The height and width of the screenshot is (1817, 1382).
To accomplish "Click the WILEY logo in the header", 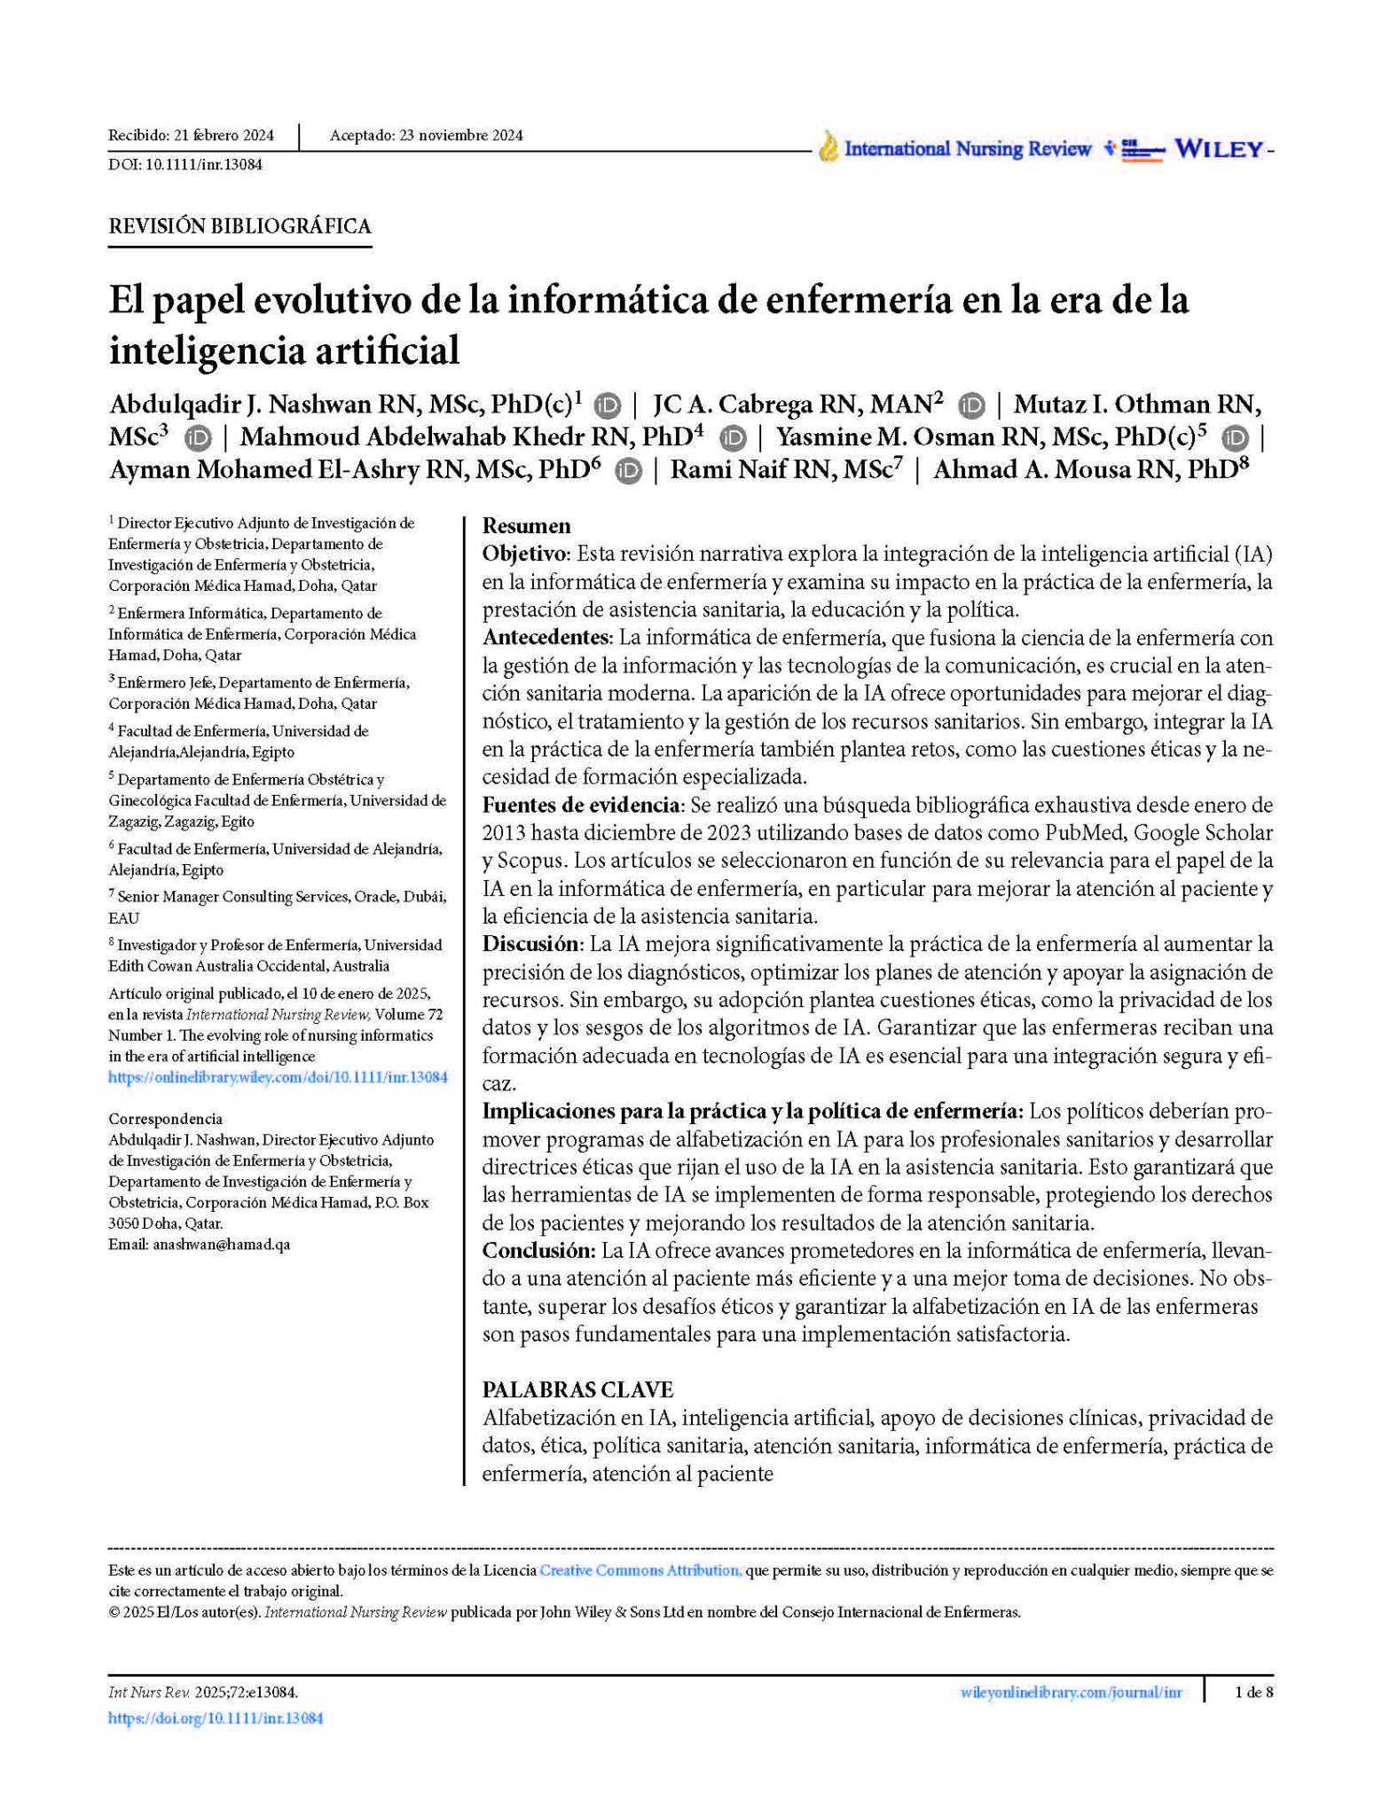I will [x=1218, y=149].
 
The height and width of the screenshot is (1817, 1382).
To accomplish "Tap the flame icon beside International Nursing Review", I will [x=828, y=147].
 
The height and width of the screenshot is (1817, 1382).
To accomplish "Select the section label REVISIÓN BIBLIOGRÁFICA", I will [x=239, y=226].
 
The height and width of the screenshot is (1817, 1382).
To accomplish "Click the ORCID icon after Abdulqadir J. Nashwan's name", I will [x=607, y=405].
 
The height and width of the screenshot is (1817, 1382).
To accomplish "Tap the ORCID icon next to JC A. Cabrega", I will [x=971, y=405].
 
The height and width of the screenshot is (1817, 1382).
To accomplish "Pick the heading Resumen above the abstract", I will [x=526, y=526].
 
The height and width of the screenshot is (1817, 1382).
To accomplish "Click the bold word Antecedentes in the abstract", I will [x=546, y=638].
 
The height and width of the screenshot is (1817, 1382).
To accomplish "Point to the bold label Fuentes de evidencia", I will [x=581, y=806].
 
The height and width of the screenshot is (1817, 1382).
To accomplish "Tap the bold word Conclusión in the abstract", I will [x=538, y=1251].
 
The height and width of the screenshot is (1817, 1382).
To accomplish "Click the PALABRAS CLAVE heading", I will [x=577, y=1390].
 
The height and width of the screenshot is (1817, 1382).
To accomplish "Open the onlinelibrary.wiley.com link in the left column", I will [x=278, y=1078].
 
